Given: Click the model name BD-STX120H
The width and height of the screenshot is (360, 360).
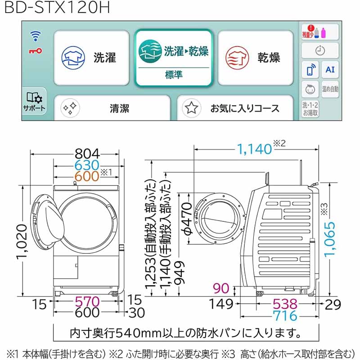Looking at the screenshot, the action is coord(57,7).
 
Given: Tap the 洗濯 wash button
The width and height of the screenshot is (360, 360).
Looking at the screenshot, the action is coord(92,58).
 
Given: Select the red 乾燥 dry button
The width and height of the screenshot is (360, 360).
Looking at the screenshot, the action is coord(256,58).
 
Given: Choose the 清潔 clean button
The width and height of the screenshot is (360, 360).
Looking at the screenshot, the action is coord(112,108).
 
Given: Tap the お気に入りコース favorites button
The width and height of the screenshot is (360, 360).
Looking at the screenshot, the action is coord(235,108).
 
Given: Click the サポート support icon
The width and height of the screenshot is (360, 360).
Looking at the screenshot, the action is coord(34,101).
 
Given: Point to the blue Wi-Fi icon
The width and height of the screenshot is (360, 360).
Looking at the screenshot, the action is coord(36,36).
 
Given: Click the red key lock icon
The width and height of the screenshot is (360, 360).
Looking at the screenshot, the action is coord(36,51).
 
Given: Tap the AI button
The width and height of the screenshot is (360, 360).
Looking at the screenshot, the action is coord(330,69).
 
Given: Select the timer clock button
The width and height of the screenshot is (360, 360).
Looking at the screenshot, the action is coord(320,50).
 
